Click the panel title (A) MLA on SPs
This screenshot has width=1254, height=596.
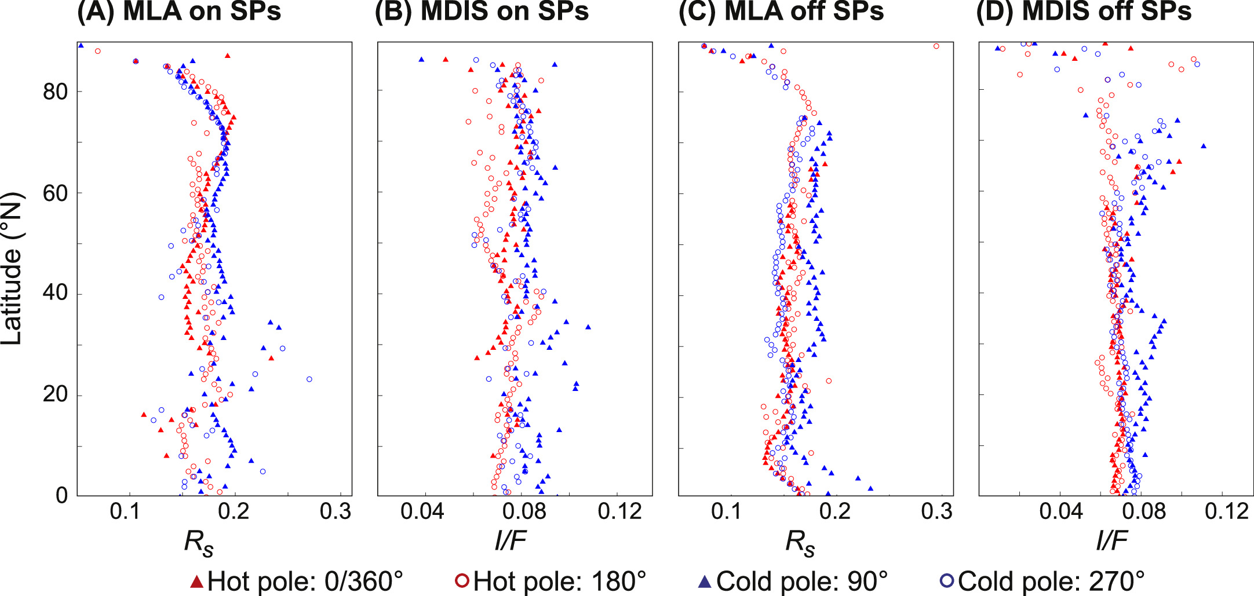178,12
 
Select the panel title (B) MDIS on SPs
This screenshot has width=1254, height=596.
482,12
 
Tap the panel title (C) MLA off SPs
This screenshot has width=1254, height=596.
781,12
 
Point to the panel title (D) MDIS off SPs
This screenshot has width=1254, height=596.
1084,12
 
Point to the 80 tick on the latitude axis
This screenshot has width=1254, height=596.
55,92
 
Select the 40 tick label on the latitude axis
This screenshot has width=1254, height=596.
55,294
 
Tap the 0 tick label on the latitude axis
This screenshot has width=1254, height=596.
62,496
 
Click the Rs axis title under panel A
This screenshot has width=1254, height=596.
199,543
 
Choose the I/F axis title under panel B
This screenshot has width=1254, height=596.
511,541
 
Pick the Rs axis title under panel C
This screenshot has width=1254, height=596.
800,543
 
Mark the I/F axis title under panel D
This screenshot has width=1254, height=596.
1111,541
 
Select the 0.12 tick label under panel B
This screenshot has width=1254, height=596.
620,512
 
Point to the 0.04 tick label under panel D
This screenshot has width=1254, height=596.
1060,512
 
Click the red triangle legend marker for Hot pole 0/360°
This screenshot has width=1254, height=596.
197,581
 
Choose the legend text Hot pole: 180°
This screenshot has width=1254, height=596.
559,581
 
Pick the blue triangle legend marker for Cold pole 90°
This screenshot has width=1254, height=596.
705,581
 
